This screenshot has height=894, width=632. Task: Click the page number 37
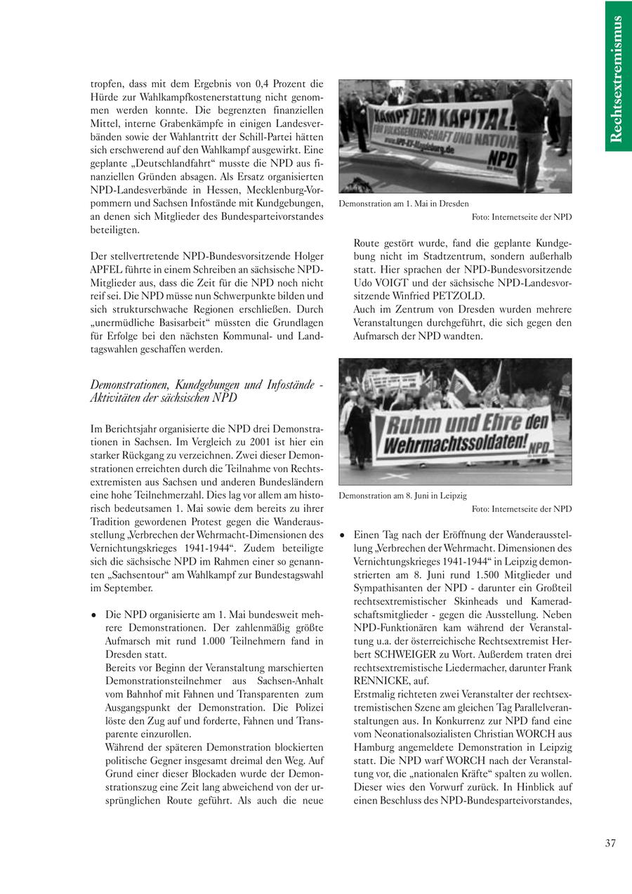pyautogui.click(x=610, y=843)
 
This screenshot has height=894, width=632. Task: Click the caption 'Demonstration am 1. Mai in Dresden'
pyautogui.click(x=403, y=204)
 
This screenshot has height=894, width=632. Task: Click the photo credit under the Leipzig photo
pyautogui.click(x=522, y=508)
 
